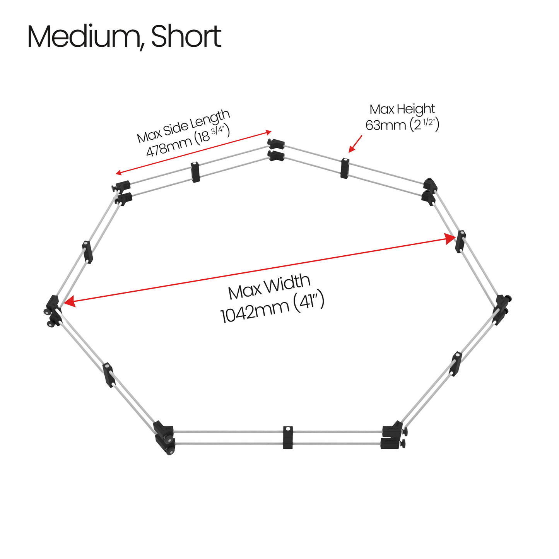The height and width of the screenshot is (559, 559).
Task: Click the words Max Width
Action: coord(269,287)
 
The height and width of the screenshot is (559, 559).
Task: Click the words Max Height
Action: coord(402,109)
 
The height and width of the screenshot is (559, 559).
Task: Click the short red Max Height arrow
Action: coord(355,144)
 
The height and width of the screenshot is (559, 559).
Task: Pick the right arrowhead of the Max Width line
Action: coord(450,239)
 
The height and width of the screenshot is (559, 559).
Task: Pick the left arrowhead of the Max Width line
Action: coord(69,302)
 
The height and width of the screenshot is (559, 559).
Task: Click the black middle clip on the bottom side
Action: coord(287,438)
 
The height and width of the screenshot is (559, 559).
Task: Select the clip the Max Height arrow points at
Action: coord(345,168)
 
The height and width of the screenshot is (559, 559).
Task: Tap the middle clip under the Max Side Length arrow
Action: coord(195,172)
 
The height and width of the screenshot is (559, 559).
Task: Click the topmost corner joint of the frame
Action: coord(275,150)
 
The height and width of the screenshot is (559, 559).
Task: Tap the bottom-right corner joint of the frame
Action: coord(394,435)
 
